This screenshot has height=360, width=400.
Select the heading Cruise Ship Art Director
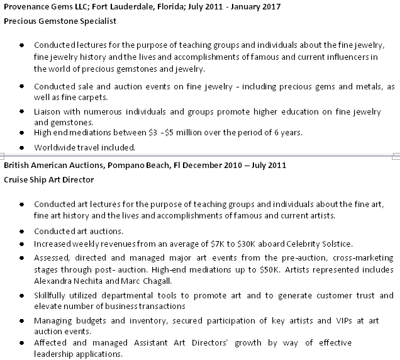click(x=49, y=179)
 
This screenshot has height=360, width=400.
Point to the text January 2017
click(x=240, y=6)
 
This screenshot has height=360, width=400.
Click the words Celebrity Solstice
click(x=320, y=244)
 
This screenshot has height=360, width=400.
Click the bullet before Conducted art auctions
click(x=22, y=231)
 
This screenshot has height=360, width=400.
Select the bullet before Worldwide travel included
click(x=22, y=147)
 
